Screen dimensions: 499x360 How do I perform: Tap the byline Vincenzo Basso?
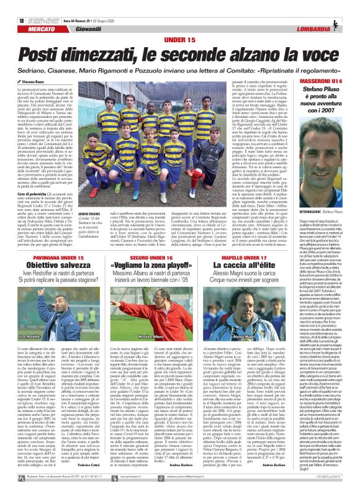coord(27,64)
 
